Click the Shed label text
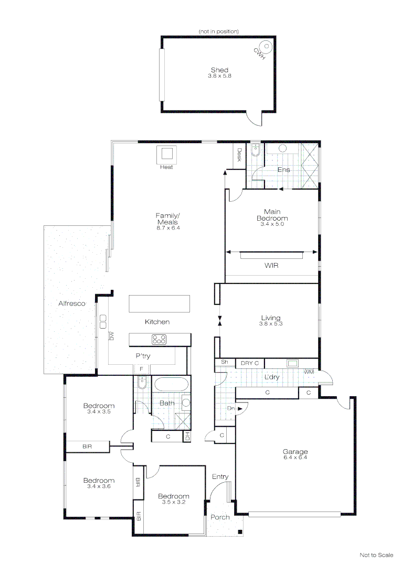pos(219,70)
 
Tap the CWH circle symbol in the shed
pos(267,46)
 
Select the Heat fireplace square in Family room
pos(167,155)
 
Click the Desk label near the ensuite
pos(239,155)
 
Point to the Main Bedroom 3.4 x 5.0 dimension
pos(272,224)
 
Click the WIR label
pos(271,266)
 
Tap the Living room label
pos(271,318)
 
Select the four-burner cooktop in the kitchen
pos(160,339)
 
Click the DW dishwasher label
pos(111,335)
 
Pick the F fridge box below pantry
pos(141,369)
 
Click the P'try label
pos(143,356)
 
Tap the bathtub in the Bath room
pos(170,385)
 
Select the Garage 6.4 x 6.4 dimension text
pos(295,458)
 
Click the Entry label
pos(220,476)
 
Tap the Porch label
pos(220,517)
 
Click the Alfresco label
pos(71,303)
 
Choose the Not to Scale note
pos(376,555)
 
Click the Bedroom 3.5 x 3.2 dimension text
pos(173,502)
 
